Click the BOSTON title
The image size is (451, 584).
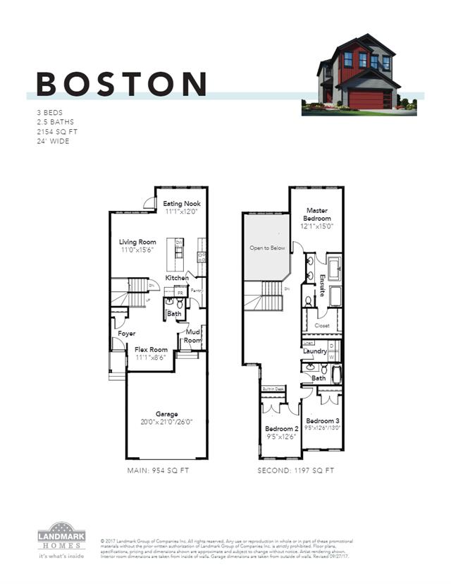point(121,83)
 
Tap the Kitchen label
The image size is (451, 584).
point(177,278)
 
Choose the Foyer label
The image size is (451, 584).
point(127,333)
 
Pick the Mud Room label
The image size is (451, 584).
point(194,335)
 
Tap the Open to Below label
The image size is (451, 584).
point(267,248)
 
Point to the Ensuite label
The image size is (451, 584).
point(322,284)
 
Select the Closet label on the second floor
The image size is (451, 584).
point(323,326)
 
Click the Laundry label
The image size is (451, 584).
point(314,351)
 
